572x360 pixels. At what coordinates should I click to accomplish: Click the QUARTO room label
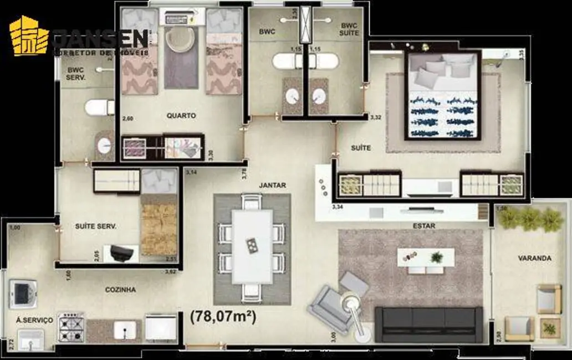(181, 116)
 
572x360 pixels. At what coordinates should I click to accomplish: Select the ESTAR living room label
(423, 226)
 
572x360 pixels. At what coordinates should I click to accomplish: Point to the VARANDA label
(534, 258)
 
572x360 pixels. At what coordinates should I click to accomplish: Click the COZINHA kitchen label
(120, 290)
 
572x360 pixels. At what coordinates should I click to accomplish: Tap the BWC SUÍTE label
(349, 29)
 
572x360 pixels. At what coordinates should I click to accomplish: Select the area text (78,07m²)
(223, 317)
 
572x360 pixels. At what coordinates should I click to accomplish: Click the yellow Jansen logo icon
(29, 37)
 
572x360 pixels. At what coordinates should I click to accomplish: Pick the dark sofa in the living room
(428, 325)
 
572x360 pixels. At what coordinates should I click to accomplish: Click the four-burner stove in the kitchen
(71, 328)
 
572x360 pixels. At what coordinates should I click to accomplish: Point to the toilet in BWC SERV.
(99, 107)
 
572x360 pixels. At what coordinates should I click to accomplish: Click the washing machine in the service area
(23, 294)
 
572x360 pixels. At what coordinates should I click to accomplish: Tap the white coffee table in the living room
(426, 258)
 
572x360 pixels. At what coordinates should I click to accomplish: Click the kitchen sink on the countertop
(125, 330)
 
